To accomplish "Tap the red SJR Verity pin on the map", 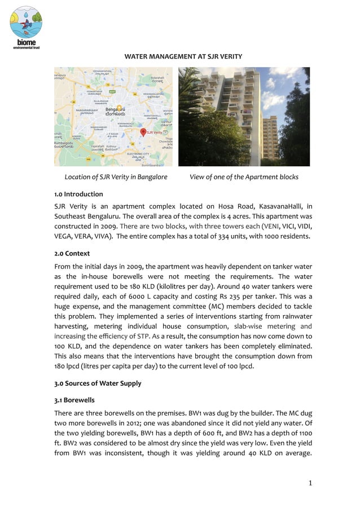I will click(x=143, y=132).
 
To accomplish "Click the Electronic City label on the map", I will click(x=138, y=153).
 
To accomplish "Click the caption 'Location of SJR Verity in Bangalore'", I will click(x=116, y=177).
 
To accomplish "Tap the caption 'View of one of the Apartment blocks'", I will click(x=244, y=177).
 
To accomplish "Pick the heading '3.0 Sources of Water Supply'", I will click(x=98, y=384).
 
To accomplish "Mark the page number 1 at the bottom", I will click(x=310, y=483).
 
